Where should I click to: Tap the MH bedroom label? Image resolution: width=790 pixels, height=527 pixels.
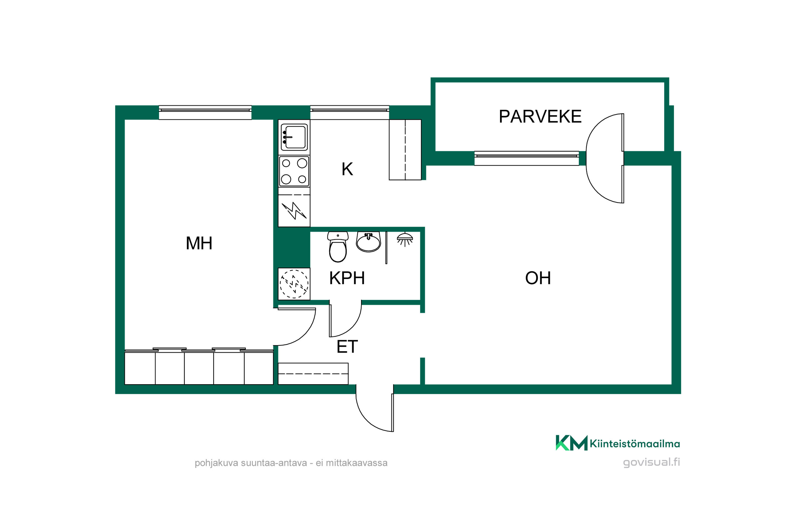click(199, 243)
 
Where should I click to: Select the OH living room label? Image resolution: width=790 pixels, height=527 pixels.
click(538, 278)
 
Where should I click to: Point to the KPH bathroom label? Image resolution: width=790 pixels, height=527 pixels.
click(347, 278)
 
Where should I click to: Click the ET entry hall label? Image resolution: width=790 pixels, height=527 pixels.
click(347, 347)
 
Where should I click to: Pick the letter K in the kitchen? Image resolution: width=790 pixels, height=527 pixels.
click(347, 169)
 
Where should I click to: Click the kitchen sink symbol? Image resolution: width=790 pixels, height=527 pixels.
click(294, 137)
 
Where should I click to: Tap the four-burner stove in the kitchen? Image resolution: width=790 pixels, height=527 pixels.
click(294, 171)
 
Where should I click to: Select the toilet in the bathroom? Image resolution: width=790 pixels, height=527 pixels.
click(338, 247)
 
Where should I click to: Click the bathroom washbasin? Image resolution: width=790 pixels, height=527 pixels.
click(368, 242)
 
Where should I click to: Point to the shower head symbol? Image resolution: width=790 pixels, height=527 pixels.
click(405, 239)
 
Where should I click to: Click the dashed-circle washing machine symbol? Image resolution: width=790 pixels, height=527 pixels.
click(294, 284)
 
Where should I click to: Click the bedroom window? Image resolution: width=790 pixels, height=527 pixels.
click(205, 112)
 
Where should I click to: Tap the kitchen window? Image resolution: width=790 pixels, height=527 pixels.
click(350, 112)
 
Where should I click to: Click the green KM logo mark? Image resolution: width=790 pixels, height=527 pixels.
click(572, 443)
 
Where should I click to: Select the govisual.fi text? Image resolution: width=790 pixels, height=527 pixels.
click(651, 462)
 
